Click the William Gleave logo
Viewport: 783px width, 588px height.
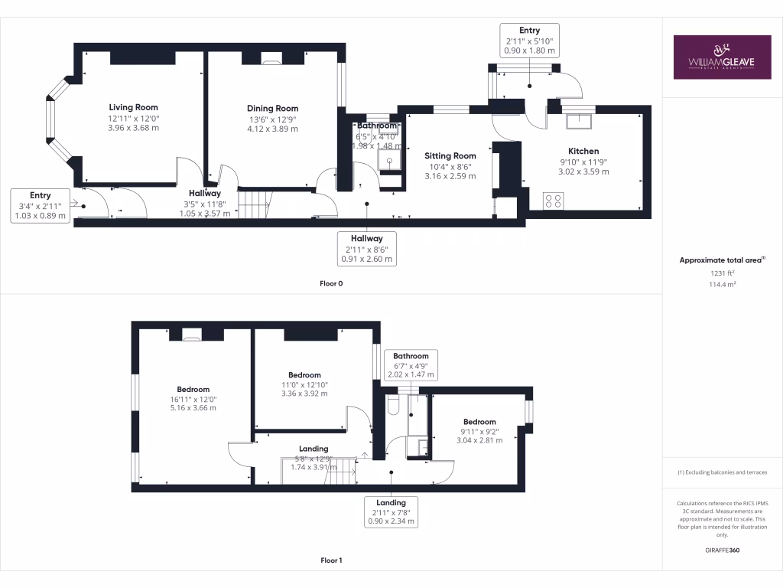pos(722,57)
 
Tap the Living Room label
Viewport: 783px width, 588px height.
pos(133,107)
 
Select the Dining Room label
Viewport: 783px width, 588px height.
pos(272,109)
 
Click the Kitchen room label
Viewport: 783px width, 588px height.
pos(583,151)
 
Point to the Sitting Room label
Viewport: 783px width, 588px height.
pos(450,156)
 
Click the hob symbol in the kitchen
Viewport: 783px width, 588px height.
pos(553,201)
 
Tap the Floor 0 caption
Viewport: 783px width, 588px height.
pos(331,283)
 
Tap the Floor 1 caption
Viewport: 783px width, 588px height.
pos(331,560)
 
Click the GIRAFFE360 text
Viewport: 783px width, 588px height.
pos(722,550)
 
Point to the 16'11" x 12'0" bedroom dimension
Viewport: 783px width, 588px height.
pos(193,399)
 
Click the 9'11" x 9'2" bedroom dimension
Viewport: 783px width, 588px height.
pos(479,431)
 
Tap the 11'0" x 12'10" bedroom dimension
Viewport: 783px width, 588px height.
pos(304,384)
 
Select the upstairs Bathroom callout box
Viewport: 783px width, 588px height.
pos(411,365)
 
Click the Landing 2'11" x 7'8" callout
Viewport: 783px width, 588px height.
pos(391,511)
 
